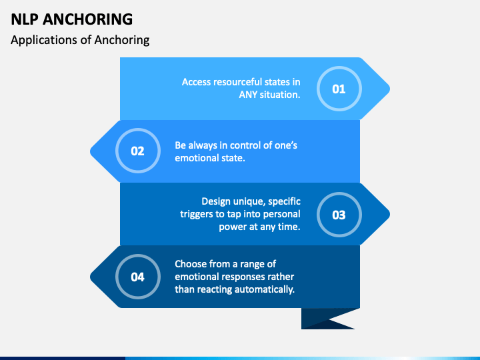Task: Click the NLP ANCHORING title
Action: [72, 19]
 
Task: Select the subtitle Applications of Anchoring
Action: [80, 40]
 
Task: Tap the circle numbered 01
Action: [339, 88]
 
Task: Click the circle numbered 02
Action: [137, 151]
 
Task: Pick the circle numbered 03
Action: [339, 214]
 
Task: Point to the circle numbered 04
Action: [137, 277]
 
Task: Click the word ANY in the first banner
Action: [251, 95]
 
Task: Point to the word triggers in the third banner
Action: [201, 213]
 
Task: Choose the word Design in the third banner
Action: [217, 201]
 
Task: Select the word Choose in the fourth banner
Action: [192, 263]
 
